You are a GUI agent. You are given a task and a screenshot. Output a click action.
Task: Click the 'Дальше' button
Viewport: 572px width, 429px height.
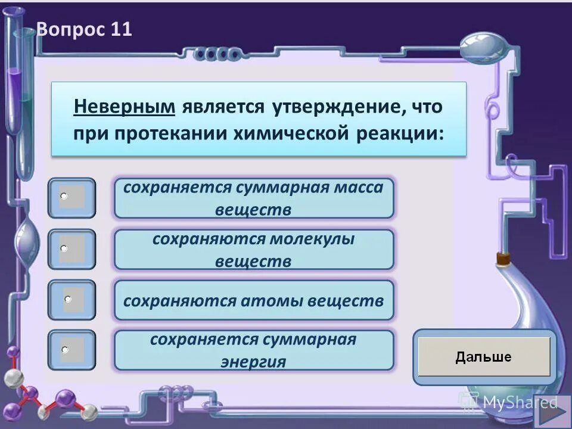tap(484, 357)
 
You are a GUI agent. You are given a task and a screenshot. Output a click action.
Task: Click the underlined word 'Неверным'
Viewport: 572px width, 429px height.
tap(125, 107)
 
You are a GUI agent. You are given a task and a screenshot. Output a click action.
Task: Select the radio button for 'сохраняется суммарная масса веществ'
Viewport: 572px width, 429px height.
tap(64, 195)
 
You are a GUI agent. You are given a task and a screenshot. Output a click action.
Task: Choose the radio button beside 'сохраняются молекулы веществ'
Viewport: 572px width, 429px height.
tap(64, 247)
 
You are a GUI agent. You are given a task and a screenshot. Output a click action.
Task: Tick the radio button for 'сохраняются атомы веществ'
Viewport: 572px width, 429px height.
tap(68, 299)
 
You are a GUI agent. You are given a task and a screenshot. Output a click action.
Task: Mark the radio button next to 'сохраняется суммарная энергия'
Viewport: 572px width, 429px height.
tap(64, 349)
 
